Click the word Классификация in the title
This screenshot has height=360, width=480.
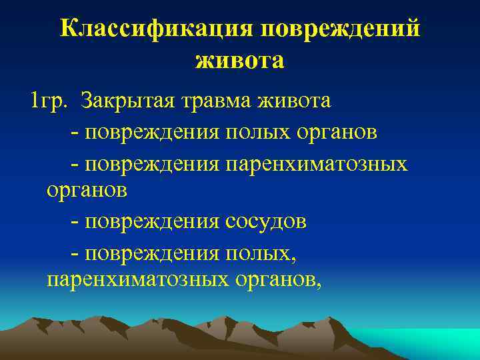point(155,29)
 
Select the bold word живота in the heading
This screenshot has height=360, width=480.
point(240,61)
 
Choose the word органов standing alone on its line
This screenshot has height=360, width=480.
point(86,191)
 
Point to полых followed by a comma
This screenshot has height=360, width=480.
point(259,252)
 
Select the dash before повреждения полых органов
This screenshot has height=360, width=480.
point(73,132)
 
